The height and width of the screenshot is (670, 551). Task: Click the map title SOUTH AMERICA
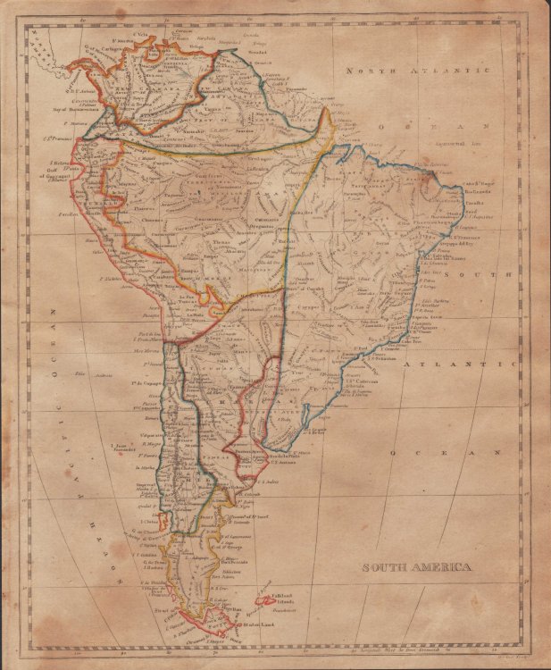(x=416, y=567)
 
